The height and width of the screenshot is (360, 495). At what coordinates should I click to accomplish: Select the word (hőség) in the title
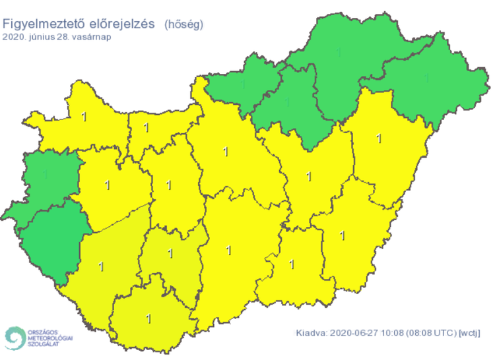(183, 24)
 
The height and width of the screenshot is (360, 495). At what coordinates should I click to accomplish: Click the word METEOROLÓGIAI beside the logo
(50, 337)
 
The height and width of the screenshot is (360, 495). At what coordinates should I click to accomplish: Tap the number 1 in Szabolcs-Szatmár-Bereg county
(426, 78)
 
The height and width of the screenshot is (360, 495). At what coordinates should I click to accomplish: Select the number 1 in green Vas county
(46, 175)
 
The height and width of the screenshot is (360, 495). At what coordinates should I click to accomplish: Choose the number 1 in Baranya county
(148, 318)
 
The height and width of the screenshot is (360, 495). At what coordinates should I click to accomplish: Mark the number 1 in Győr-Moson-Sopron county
(83, 117)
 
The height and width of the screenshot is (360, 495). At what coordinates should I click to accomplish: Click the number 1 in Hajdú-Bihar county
(378, 138)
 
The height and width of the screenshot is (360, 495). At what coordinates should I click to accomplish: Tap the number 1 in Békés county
(342, 234)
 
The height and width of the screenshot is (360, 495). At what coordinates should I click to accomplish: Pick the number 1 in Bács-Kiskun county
(228, 250)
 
